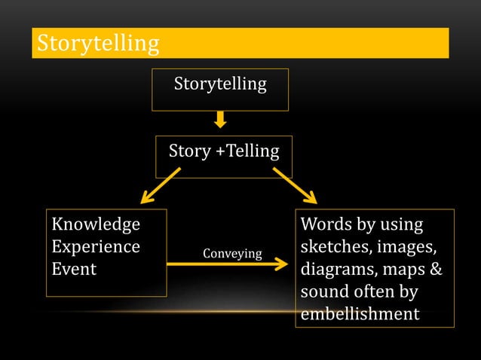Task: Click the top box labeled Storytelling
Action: [220, 84]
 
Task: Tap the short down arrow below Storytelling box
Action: [220, 119]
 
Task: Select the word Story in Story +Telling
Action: [190, 151]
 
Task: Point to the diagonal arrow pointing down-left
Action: [161, 185]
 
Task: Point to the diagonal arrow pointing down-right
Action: [295, 185]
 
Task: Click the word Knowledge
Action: [95, 225]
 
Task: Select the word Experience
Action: [95, 247]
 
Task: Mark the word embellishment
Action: [359, 313]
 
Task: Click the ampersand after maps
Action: [436, 269]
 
